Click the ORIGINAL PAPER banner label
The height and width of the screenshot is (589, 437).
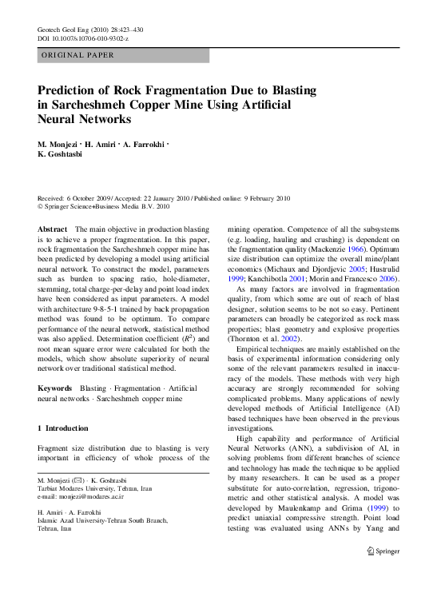click(77, 55)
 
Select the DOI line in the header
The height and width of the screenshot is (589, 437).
click(83, 38)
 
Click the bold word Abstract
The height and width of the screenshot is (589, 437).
click(53, 229)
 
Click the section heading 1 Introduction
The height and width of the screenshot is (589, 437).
click(63, 428)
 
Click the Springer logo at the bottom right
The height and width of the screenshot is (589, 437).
click(383, 573)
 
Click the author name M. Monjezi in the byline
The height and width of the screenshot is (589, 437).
click(62, 145)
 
